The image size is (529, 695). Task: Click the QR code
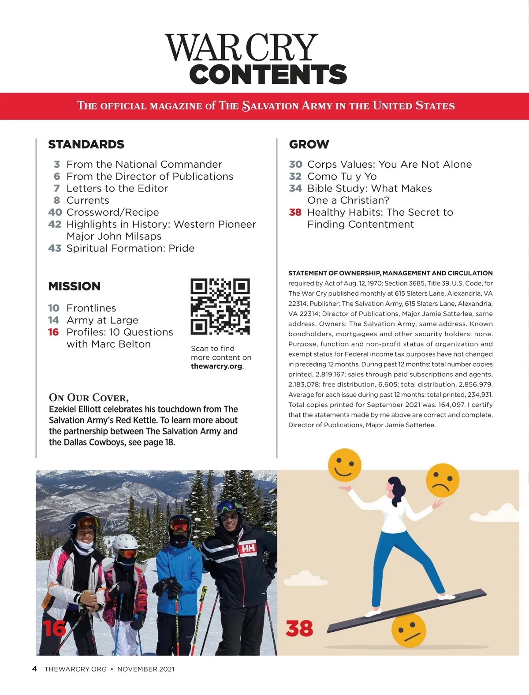click(220, 306)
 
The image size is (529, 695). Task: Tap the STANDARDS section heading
click(86, 144)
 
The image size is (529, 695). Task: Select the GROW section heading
click(309, 144)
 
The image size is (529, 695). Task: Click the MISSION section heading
click(74, 286)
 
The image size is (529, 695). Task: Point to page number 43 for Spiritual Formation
click(55, 248)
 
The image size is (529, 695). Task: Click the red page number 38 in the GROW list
click(295, 212)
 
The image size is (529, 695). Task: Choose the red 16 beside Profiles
click(53, 332)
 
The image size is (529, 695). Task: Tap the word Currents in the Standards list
click(88, 200)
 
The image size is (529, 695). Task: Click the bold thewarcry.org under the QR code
click(216, 366)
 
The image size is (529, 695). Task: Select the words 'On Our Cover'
click(89, 397)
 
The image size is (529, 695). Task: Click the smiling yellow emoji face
click(345, 465)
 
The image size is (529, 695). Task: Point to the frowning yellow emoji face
click(443, 481)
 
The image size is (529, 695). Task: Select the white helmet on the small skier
click(125, 544)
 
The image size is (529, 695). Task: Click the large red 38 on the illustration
click(299, 628)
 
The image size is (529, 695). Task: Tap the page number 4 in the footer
click(34, 669)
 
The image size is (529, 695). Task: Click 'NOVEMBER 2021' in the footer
click(145, 669)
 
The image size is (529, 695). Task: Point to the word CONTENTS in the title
click(268, 74)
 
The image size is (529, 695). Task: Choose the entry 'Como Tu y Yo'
click(342, 177)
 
